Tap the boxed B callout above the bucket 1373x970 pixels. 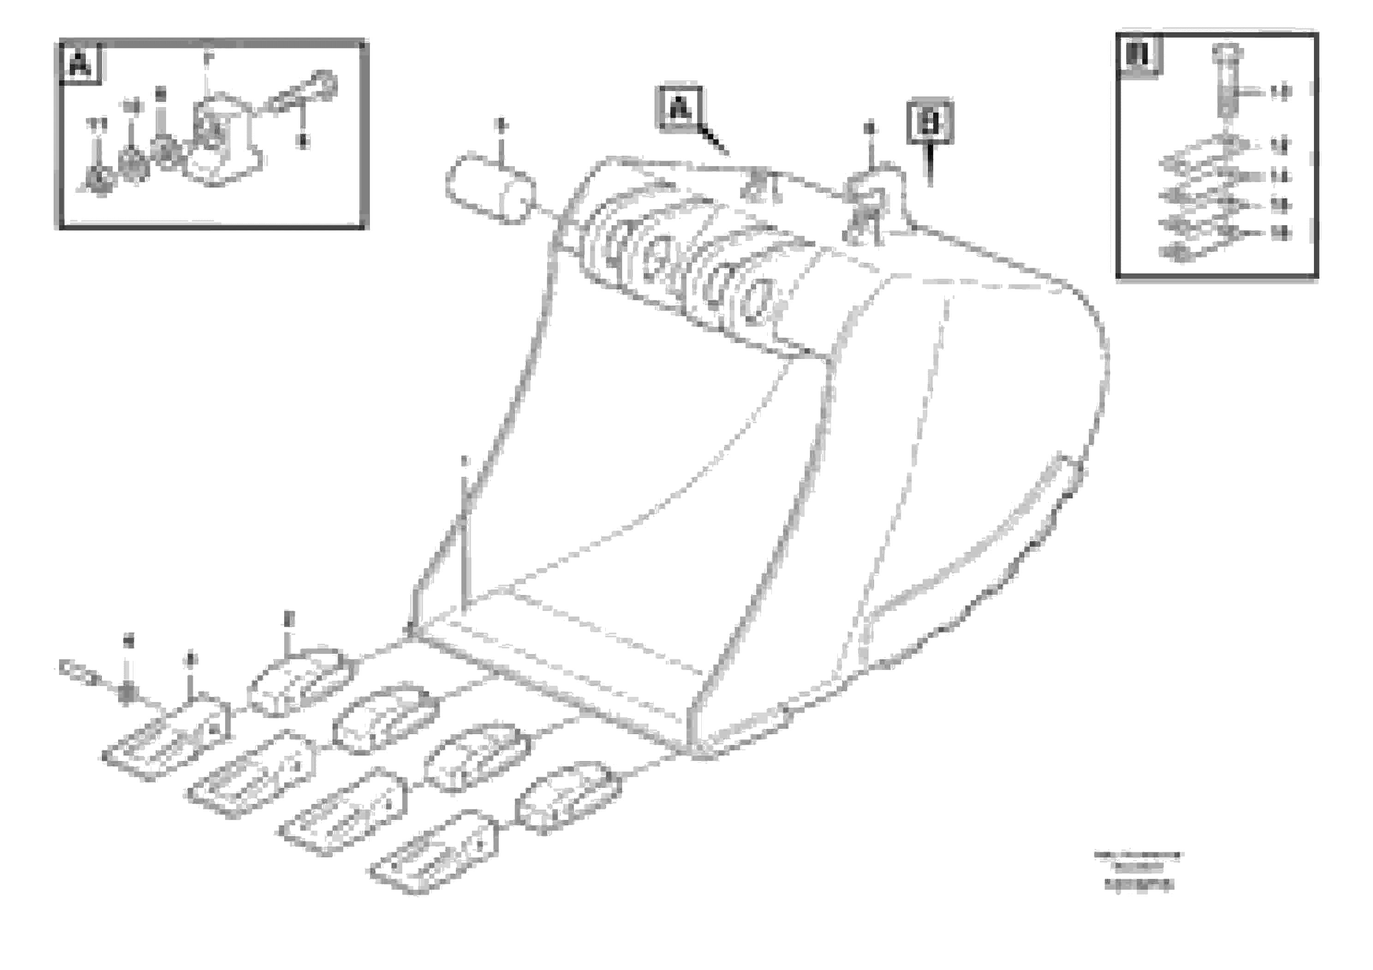[930, 123]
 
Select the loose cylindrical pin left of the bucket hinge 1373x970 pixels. [490, 188]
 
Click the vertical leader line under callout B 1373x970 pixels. [930, 164]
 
